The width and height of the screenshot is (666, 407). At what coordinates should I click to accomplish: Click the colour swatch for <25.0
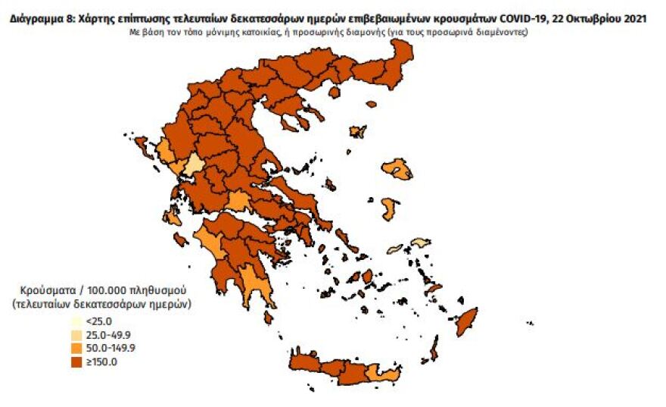point(77,321)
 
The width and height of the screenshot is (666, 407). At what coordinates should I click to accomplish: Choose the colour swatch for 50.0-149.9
point(77,348)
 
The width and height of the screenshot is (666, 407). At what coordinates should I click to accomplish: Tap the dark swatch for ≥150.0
point(77,362)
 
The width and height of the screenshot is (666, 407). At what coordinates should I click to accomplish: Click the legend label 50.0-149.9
point(114,348)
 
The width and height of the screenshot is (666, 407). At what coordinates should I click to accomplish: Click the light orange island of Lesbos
point(397,168)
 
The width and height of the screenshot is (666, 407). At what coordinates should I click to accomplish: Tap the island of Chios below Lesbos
point(390,209)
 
